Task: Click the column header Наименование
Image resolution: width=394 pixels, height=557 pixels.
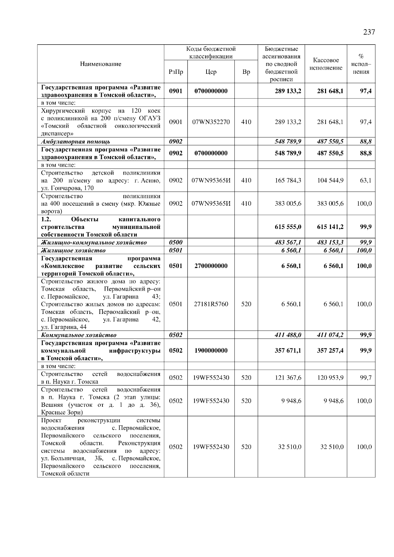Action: pyautogui.click(x=100, y=64)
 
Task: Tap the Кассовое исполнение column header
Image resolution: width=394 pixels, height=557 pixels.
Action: pyautogui.click(x=326, y=64)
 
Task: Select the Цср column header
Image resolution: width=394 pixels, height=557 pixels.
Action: pyautogui.click(x=211, y=72)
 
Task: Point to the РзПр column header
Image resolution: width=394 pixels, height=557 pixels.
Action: pyautogui.click(x=176, y=72)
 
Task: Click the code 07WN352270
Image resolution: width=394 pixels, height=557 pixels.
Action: pyautogui.click(x=211, y=122)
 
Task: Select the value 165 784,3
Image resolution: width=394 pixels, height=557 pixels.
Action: pyautogui.click(x=288, y=180)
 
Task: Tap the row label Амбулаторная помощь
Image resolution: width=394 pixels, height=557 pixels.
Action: pyautogui.click(x=76, y=142)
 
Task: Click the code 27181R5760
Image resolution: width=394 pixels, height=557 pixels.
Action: pyautogui.click(x=211, y=304)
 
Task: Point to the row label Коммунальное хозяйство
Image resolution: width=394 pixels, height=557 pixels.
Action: pyautogui.click(x=79, y=335)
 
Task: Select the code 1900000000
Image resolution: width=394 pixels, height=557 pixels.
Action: pyautogui.click(x=211, y=350)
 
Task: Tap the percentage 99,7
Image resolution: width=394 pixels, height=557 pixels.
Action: pyautogui.click(x=366, y=378)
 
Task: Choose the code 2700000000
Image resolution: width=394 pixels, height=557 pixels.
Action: pyautogui.click(x=211, y=266)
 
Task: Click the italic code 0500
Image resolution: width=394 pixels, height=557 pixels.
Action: pyautogui.click(x=176, y=242)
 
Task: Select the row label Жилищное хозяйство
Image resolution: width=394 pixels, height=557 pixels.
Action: pyautogui.click(x=73, y=250)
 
